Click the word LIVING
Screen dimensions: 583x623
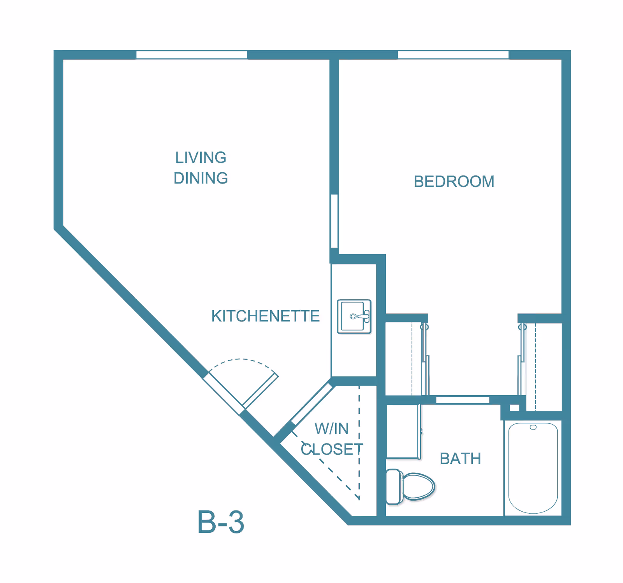201,157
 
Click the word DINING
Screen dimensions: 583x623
201,178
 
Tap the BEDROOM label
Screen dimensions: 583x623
454,182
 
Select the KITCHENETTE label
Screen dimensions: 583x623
265,316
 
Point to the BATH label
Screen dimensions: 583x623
460,459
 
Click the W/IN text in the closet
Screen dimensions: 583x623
331,429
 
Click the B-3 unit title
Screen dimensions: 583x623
220,522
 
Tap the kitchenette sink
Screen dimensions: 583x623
354,316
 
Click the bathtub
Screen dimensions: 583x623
533,468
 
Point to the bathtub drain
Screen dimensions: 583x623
533,428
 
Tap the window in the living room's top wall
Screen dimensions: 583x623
192,55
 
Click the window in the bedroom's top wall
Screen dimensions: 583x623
453,55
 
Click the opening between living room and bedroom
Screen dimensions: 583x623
334,221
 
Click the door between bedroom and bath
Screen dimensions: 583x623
462,400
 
